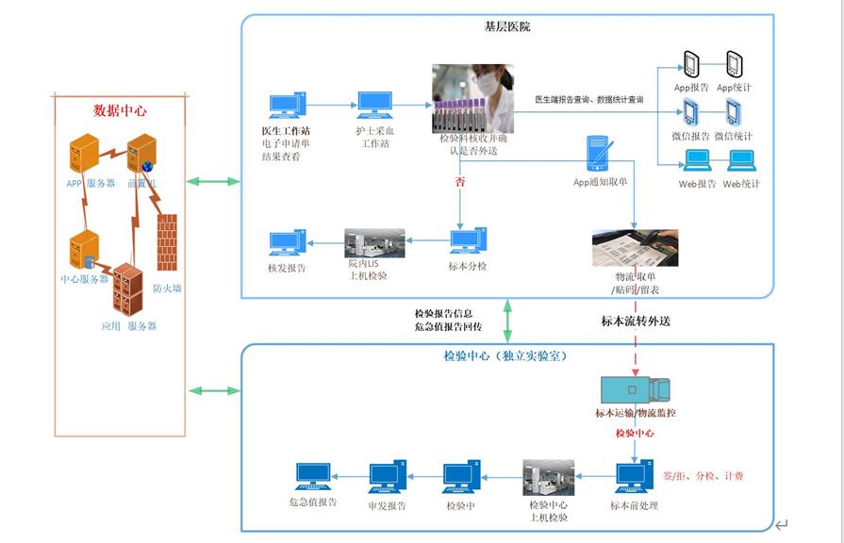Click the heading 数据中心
tap(120, 110)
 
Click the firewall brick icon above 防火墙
tap(167, 243)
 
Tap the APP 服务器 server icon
tap(85, 154)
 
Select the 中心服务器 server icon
tap(82, 251)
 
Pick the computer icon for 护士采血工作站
tap(373, 106)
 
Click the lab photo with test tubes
tap(472, 97)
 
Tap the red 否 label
tap(459, 183)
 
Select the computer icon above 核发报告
tap(287, 244)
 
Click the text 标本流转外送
tap(636, 321)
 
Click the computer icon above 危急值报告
tap(313, 476)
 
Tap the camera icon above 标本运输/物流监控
tap(635, 388)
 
